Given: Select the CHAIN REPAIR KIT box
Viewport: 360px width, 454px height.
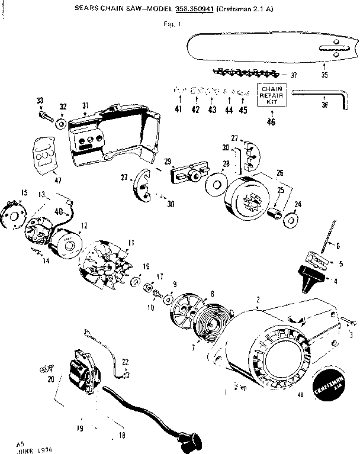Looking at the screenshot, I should click(271, 95).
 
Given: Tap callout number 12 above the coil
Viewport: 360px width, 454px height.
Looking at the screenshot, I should click(84, 225).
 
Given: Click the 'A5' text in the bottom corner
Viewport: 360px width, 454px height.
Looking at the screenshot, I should click(20, 443).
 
